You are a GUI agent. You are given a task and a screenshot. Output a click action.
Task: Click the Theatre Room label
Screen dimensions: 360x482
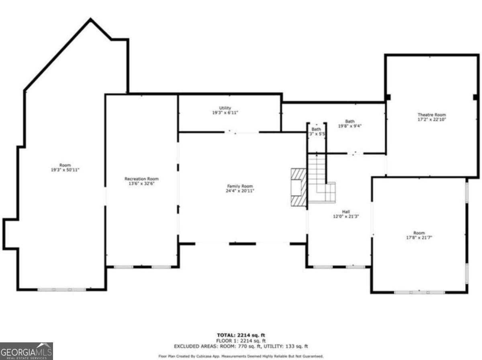click(432, 115)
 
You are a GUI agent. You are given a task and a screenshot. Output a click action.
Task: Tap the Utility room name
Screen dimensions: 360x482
click(225, 108)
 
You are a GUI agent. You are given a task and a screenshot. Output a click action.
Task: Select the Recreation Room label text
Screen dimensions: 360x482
click(141, 179)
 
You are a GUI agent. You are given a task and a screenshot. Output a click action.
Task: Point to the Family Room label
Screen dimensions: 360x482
click(240, 186)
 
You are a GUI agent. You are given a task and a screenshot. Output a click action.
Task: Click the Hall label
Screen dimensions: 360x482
click(346, 211)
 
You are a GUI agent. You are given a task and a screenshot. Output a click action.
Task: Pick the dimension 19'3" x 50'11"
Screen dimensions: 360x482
click(65, 170)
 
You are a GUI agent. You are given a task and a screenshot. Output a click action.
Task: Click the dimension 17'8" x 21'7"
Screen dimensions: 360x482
click(419, 238)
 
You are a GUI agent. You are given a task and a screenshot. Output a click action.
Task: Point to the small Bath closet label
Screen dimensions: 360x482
click(317, 129)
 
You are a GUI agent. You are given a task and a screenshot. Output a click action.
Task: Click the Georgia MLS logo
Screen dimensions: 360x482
click(27, 351)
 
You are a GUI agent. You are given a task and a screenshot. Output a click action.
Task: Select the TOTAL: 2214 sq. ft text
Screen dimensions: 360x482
click(241, 335)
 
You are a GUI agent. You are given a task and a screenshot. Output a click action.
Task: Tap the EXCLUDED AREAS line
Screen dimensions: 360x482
click(241, 346)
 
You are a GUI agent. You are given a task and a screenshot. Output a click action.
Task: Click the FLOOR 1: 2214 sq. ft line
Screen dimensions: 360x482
click(241, 340)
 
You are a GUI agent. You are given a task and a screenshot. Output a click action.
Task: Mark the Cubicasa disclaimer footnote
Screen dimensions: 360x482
click(241, 356)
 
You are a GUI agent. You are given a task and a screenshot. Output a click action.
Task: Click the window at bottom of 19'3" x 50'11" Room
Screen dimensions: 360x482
click(61, 289)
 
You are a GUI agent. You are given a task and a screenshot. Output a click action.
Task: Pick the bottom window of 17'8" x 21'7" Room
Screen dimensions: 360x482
click(419, 292)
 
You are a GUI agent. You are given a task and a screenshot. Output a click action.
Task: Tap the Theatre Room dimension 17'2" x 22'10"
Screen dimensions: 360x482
click(432, 119)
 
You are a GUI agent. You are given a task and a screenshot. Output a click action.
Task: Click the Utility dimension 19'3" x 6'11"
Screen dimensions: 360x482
click(225, 113)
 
